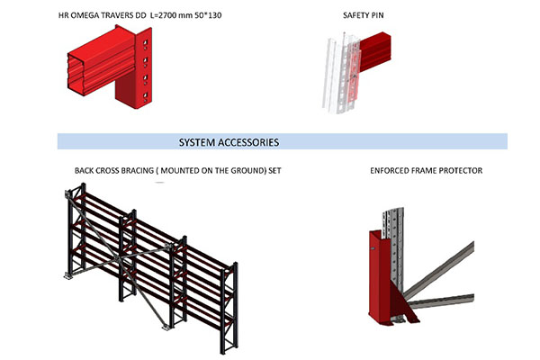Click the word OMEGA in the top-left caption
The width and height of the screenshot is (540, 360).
click(85, 15)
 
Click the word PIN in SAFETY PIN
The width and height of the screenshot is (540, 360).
click(377, 15)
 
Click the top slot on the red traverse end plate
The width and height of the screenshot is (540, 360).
click(145, 42)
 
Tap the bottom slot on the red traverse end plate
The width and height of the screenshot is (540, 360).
click(145, 95)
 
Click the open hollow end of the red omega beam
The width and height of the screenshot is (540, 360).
click(76, 74)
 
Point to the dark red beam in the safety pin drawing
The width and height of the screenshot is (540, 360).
click(374, 51)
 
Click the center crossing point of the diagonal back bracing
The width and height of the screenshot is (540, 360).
click(119, 258)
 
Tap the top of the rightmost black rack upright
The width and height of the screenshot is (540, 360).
click(236, 264)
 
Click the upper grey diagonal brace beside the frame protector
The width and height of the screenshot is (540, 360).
click(438, 270)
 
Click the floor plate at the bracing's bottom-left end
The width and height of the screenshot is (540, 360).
click(68, 275)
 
